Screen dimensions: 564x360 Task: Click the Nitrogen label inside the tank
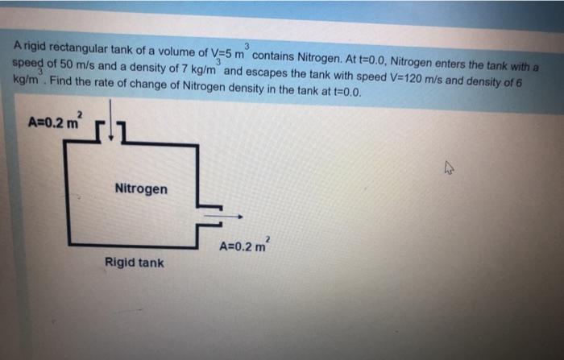141,189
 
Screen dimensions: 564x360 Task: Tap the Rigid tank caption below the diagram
134,263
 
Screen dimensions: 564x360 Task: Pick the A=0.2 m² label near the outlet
247,245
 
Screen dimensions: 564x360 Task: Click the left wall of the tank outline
69,193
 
